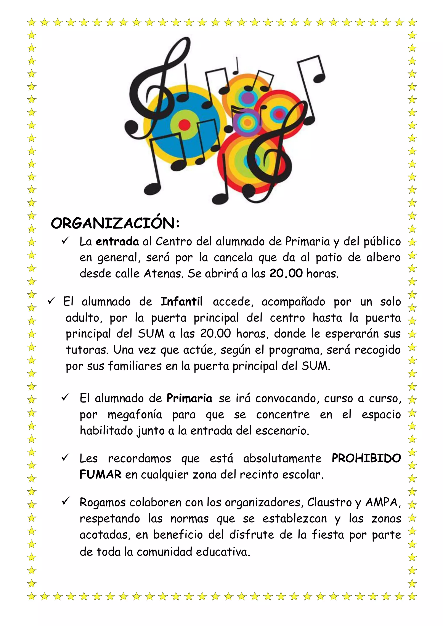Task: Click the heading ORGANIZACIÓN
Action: (x=115, y=224)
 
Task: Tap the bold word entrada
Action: (x=117, y=242)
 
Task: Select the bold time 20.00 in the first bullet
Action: (x=286, y=274)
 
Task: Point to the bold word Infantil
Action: (x=182, y=302)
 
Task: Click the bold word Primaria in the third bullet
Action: (x=189, y=398)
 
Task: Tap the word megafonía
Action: (x=135, y=415)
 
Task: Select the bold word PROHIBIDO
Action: (x=366, y=458)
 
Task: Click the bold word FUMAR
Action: (x=100, y=475)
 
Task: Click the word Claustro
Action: (x=329, y=502)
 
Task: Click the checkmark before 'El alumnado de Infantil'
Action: (x=51, y=301)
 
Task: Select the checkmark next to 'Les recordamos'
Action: (x=66, y=457)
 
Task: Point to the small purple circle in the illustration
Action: (x=247, y=122)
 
